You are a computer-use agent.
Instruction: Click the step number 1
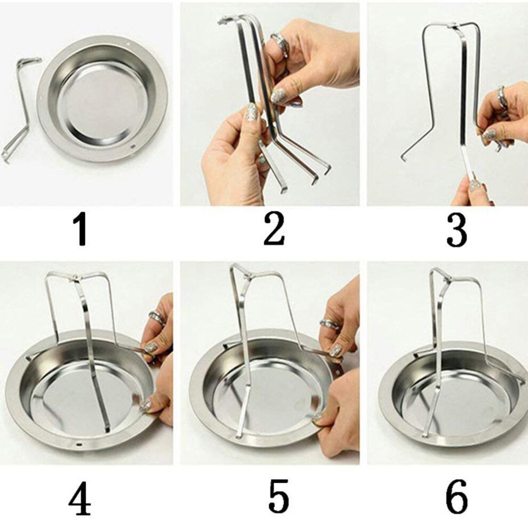[81, 231]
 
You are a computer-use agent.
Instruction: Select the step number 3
[457, 231]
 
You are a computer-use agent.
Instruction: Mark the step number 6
[457, 498]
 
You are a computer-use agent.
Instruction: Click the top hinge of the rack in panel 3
[454, 25]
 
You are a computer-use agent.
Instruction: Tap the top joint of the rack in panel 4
[77, 278]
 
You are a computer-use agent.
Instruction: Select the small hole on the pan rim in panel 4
[79, 444]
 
